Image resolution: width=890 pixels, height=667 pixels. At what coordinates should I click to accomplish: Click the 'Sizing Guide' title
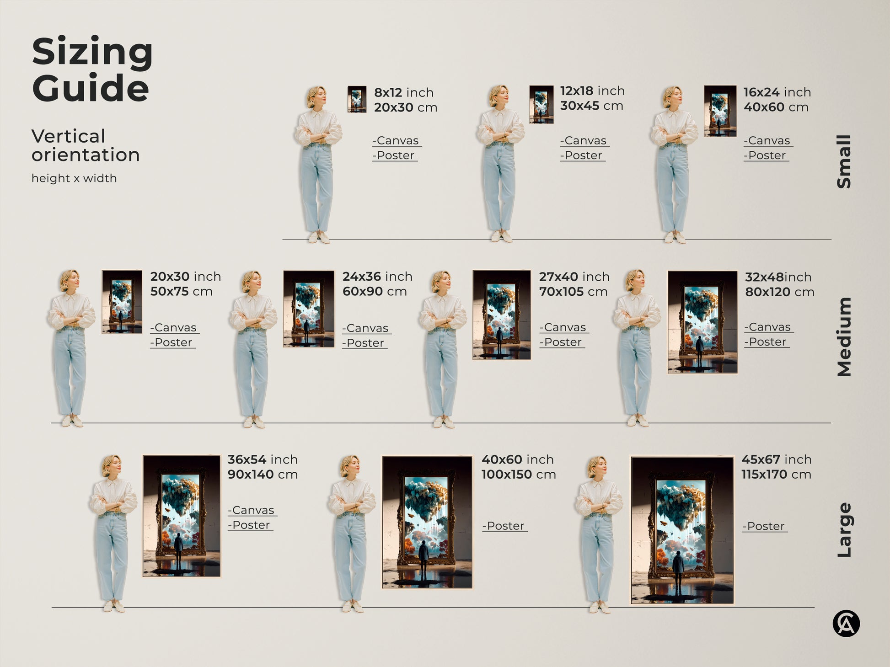(x=92, y=69)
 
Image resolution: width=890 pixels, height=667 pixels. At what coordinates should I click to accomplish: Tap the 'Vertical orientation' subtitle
(x=86, y=145)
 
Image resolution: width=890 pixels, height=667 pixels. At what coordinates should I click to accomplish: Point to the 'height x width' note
(x=74, y=178)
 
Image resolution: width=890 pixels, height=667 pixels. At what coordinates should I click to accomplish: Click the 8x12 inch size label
(x=404, y=92)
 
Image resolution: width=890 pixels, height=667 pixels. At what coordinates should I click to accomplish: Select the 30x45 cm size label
(x=591, y=106)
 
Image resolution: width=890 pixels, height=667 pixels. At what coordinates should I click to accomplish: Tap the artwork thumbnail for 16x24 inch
(x=720, y=111)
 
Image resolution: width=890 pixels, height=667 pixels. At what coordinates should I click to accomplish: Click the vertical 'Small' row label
(x=844, y=161)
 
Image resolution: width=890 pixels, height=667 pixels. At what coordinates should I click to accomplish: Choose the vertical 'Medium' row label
(x=844, y=337)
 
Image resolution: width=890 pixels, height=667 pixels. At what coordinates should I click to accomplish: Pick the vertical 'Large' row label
(x=844, y=530)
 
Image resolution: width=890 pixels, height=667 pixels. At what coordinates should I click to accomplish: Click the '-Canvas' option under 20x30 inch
(x=175, y=328)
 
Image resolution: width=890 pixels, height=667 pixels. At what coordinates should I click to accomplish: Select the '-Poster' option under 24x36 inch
(x=365, y=343)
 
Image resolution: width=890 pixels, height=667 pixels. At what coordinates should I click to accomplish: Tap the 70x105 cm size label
(x=573, y=292)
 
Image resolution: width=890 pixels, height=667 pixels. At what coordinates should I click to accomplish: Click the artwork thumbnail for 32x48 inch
(x=702, y=322)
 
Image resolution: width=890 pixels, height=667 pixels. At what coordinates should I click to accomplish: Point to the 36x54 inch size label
(x=263, y=459)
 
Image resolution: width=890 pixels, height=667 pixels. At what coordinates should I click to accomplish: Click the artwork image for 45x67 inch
(x=682, y=530)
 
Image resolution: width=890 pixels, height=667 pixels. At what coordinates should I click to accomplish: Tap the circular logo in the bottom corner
(x=846, y=624)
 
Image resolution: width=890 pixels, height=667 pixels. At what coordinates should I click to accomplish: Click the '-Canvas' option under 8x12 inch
(x=397, y=141)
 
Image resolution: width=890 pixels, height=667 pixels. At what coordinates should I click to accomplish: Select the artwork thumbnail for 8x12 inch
(x=357, y=99)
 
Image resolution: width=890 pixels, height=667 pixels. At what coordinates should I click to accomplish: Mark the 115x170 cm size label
(x=776, y=475)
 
